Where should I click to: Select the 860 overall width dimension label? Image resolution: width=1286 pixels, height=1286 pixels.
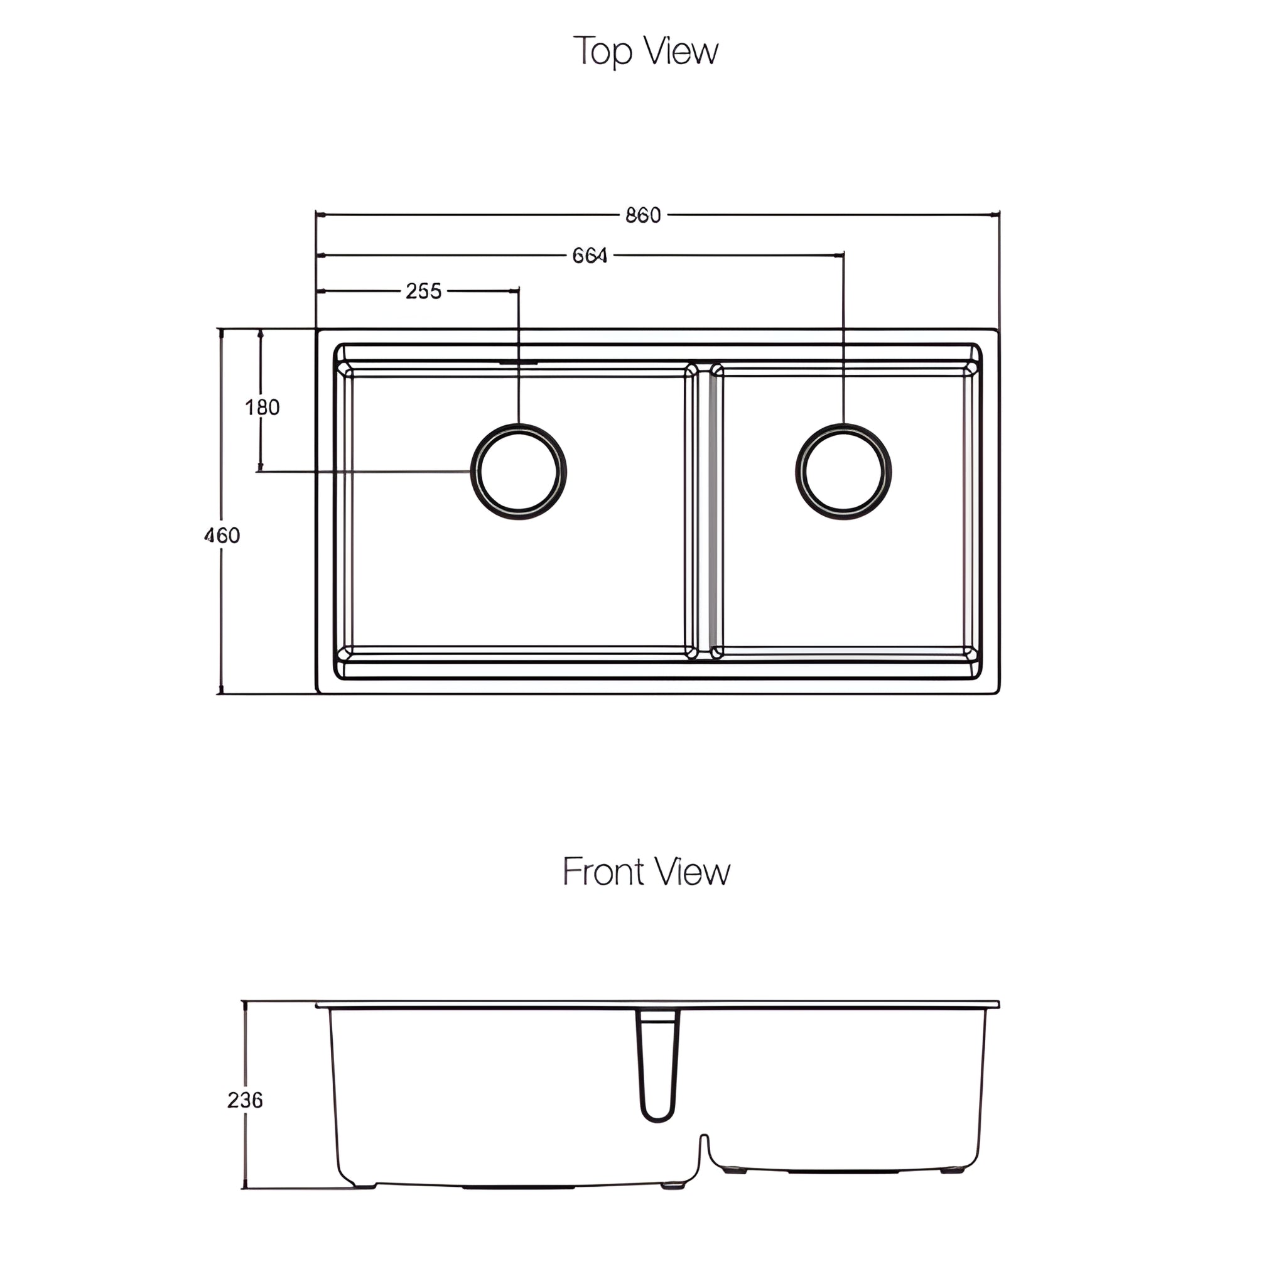coord(642,215)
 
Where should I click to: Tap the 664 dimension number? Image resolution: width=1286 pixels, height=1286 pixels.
coord(590,256)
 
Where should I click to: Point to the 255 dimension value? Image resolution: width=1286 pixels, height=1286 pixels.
coord(423,291)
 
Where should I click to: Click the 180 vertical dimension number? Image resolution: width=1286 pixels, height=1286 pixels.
coord(262,408)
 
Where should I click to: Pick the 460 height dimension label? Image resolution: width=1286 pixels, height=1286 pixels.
coord(222,535)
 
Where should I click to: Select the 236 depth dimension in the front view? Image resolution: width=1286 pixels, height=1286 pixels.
coord(244,1100)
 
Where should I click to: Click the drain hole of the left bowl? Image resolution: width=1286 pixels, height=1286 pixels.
coord(519,472)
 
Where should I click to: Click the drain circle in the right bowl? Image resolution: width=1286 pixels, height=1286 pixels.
coord(843,472)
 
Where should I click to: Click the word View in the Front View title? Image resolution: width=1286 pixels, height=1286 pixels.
coord(691,872)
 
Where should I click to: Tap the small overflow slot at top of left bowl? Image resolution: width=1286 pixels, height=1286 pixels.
coord(519,363)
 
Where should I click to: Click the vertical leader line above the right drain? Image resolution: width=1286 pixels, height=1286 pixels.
coord(843,340)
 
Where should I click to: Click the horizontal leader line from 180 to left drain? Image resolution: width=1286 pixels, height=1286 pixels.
coord(366,472)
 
